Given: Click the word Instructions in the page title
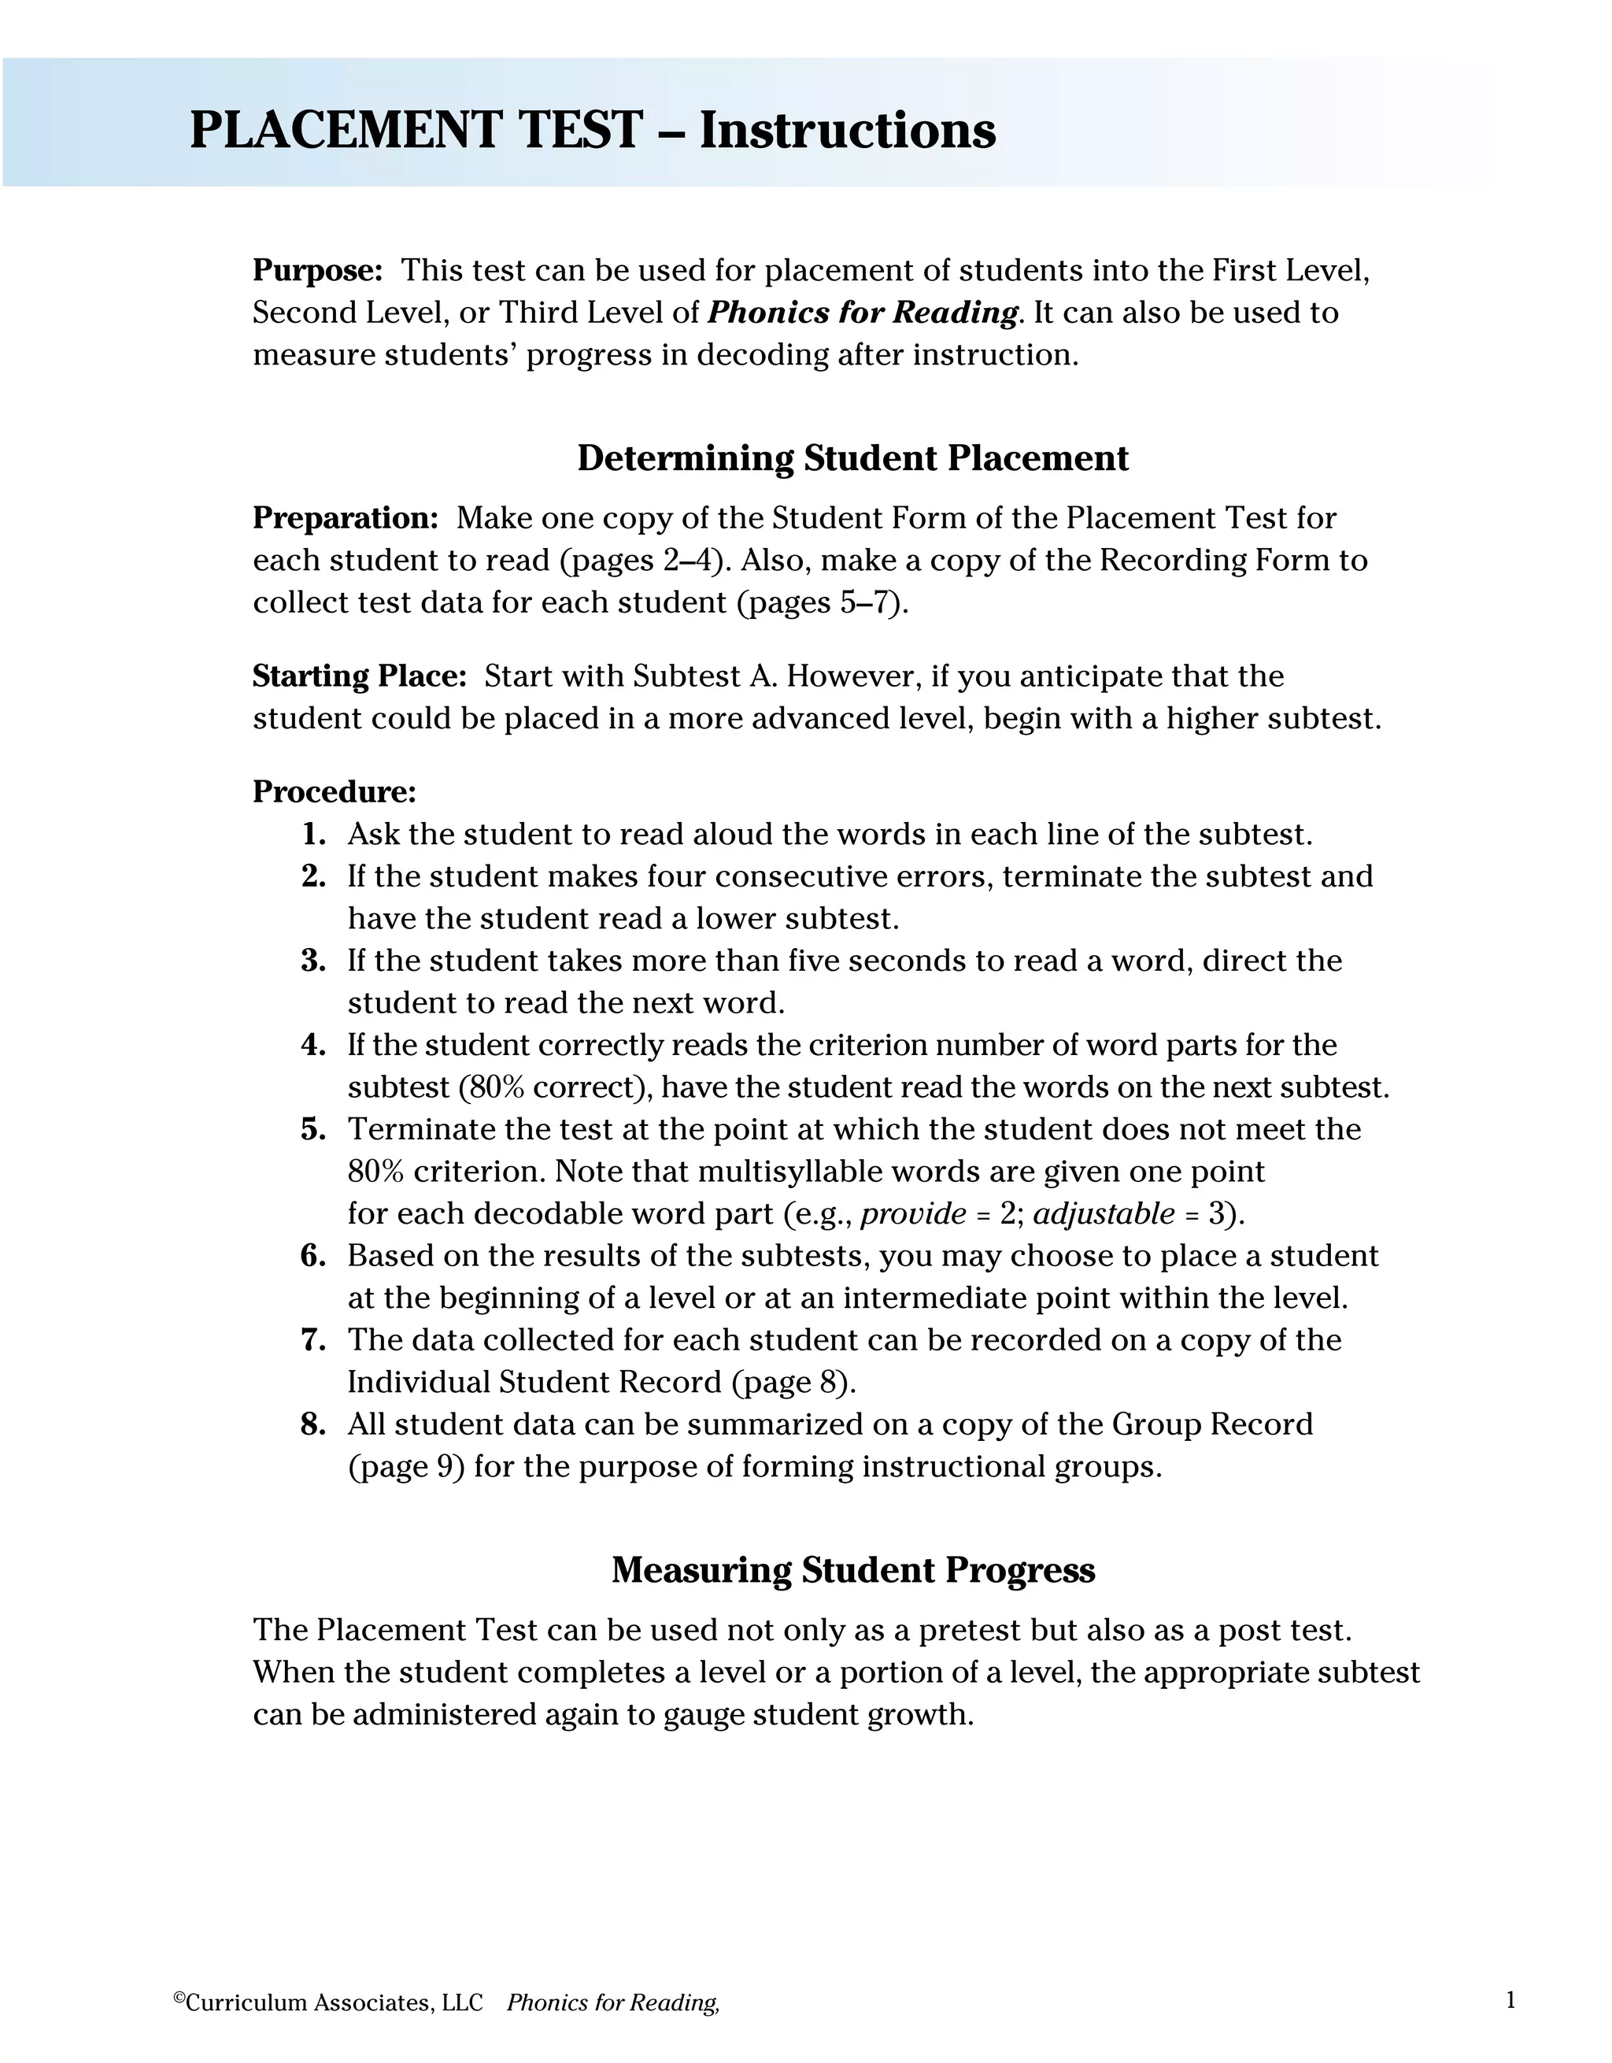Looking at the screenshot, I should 847,131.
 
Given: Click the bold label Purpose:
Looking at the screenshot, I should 317,271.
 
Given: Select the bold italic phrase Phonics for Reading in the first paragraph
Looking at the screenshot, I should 863,313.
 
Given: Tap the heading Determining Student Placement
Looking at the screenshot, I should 852,458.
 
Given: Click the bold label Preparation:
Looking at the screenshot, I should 346,519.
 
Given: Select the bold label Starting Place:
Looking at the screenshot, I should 360,676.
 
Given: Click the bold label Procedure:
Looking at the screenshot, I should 335,791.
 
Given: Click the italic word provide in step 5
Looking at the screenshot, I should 913,1214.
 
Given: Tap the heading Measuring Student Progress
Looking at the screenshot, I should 852,1570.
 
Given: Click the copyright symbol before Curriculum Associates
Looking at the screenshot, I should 179,1997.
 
